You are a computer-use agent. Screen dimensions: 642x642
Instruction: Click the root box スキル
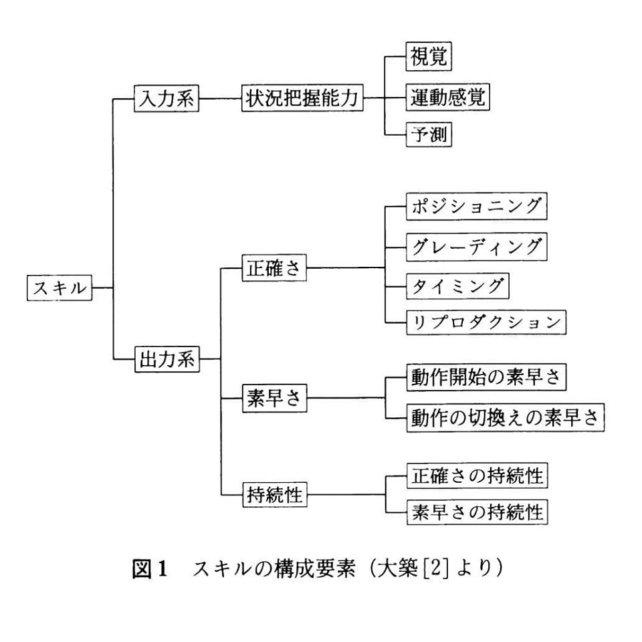pyautogui.click(x=60, y=288)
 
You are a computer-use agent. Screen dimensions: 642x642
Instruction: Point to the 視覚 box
pyautogui.click(x=429, y=57)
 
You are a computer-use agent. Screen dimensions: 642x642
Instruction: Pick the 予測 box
pyautogui.click(x=429, y=136)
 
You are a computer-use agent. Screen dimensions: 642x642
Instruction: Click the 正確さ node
pyautogui.click(x=273, y=269)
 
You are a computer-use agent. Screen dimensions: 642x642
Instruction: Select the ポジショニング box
pyautogui.click(x=477, y=207)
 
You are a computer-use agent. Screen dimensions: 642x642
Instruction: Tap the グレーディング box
pyautogui.click(x=477, y=247)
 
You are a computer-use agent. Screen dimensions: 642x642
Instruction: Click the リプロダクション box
pyautogui.click(x=486, y=323)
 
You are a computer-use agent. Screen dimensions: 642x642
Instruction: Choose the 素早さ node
pyautogui.click(x=273, y=399)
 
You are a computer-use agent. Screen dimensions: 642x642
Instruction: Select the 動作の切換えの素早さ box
pyautogui.click(x=506, y=418)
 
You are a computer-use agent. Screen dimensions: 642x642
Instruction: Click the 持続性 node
pyautogui.click(x=273, y=496)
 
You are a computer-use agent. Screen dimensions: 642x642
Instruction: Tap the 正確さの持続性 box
pyautogui.click(x=477, y=476)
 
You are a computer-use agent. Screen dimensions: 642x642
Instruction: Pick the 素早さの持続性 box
pyautogui.click(x=477, y=513)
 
